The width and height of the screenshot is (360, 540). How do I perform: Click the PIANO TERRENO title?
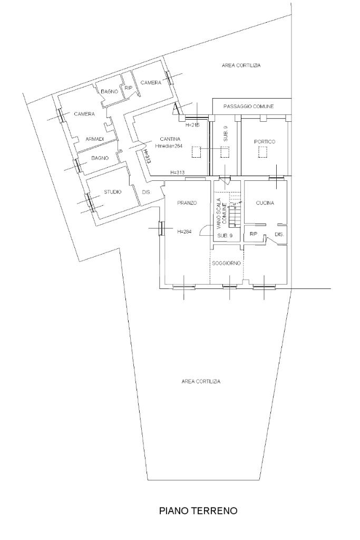coord(198,510)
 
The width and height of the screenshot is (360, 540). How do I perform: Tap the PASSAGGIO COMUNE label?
coord(248,107)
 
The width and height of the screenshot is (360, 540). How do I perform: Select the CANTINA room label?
coord(170,139)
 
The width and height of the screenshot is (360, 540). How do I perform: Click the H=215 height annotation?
coord(192,126)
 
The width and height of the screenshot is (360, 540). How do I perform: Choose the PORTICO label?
coord(265,141)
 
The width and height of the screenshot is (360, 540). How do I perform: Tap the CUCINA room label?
coord(265,203)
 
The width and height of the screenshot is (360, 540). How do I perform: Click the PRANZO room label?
coord(187,203)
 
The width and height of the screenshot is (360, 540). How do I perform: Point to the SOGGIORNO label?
coord(227,264)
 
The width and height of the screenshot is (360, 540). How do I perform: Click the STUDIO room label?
coord(113,192)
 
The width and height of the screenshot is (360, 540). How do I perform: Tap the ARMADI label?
coord(95,139)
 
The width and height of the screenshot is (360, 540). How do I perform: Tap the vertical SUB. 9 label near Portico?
coord(226,133)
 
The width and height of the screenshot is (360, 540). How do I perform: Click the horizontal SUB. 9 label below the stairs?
coord(225,236)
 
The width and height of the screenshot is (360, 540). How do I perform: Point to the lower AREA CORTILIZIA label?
coord(201,382)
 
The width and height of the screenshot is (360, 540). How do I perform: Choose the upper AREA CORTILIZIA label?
coord(241,65)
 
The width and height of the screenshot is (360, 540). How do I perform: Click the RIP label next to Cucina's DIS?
coord(254,234)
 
